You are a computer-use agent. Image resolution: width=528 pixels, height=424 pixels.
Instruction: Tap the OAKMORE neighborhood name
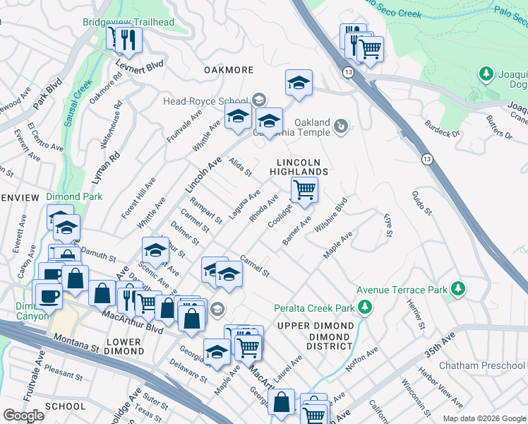click(228, 70)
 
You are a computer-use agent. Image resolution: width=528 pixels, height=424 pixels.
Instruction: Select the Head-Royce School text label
click(205, 101)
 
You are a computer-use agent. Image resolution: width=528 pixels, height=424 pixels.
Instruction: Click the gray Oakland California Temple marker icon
click(341, 126)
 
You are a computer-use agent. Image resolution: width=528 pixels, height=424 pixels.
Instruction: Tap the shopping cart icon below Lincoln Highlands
click(304, 189)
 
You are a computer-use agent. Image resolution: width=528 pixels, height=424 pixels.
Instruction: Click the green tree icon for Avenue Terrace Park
click(458, 288)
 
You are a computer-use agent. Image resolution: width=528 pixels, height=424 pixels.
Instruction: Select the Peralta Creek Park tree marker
click(365, 307)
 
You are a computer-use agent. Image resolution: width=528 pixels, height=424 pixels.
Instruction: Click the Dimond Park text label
click(74, 196)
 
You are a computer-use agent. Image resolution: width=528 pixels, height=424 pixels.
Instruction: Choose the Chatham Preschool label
click(482, 365)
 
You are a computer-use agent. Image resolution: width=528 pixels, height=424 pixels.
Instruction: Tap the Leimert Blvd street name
click(143, 64)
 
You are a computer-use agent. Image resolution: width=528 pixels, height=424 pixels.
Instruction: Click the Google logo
click(23, 416)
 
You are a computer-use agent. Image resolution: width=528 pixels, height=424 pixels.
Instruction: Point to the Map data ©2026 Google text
click(484, 418)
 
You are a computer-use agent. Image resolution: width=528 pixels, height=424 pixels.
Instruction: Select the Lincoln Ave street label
click(203, 175)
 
